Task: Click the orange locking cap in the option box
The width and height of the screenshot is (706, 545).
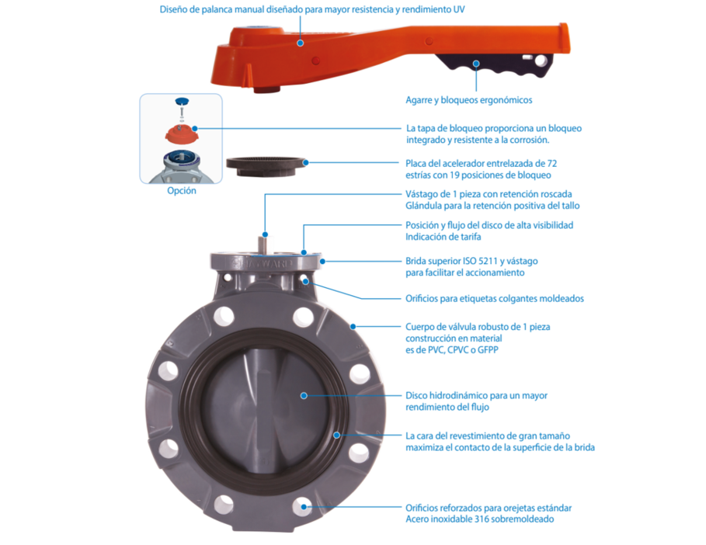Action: [181, 133]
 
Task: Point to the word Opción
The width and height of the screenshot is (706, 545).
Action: [182, 190]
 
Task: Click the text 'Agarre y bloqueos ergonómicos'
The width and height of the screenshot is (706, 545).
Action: [468, 100]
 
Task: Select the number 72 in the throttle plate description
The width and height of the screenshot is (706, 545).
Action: [552, 164]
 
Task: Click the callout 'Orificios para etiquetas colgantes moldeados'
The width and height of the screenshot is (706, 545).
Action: [495, 298]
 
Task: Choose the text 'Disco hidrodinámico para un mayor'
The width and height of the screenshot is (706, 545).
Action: [476, 395]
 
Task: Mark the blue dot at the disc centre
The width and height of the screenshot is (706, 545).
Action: [304, 395]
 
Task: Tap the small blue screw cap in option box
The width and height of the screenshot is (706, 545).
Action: [182, 101]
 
